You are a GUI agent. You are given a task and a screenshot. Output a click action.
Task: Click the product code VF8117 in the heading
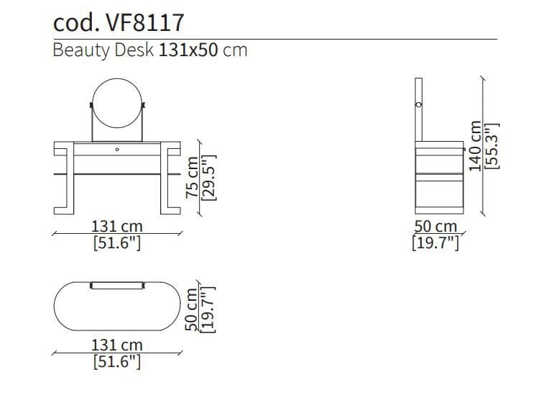[x=145, y=22]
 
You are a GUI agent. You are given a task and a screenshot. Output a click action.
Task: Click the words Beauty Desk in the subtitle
[x=103, y=50]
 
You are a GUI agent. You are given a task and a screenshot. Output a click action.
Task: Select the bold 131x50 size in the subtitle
[x=188, y=50]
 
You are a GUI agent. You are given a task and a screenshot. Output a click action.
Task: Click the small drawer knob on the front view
[x=117, y=149]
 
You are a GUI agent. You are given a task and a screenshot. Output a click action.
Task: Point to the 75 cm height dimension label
[x=192, y=177]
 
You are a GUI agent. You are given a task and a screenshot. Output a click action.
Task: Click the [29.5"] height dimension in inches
[x=209, y=177]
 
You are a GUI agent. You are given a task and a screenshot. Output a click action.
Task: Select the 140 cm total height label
[x=475, y=146]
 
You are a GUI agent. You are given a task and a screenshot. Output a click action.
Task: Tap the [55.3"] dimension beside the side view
[x=492, y=146]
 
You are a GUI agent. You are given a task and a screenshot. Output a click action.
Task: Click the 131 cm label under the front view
[x=117, y=226]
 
